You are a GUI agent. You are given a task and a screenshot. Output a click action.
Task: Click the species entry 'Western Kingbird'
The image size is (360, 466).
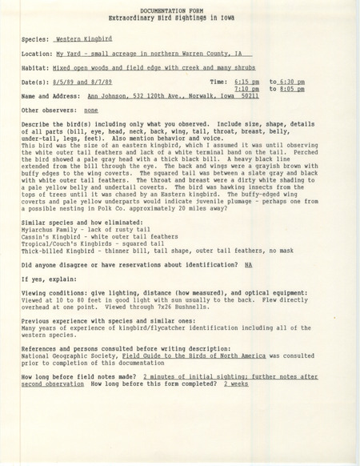[x=82, y=38]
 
